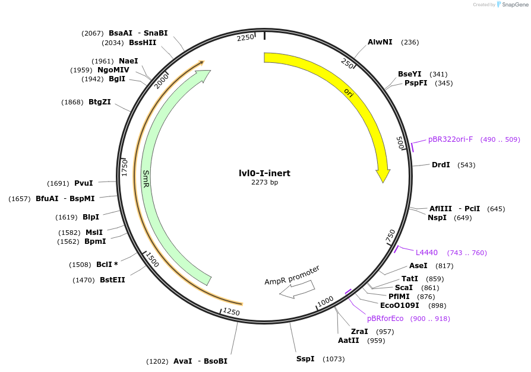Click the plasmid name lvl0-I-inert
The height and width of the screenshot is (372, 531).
(x=264, y=173)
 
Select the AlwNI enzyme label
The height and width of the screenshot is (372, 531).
(x=380, y=42)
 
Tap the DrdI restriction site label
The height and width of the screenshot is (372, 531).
(x=441, y=165)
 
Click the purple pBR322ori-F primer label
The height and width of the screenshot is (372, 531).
(x=450, y=139)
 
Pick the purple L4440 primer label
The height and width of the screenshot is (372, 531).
(x=426, y=253)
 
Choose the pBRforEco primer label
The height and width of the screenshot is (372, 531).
(x=385, y=319)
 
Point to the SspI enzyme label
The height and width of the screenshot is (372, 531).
(x=305, y=359)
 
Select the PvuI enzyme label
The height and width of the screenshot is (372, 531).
(x=84, y=183)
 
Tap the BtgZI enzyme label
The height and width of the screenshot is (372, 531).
(x=100, y=102)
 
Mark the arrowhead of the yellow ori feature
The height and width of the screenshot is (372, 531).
(x=383, y=176)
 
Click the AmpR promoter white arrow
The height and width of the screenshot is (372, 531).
(x=297, y=289)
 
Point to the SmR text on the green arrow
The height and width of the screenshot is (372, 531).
(x=146, y=179)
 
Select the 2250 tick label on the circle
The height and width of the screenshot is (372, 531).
(x=245, y=37)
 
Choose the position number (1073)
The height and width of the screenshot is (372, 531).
(x=333, y=359)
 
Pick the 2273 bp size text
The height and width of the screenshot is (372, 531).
(x=264, y=183)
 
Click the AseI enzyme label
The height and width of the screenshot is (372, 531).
(x=418, y=266)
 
